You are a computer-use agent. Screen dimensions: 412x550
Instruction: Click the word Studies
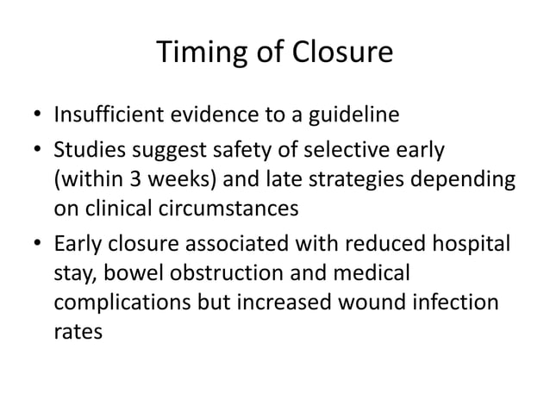tap(87, 153)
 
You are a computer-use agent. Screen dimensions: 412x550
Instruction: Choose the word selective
tap(334, 153)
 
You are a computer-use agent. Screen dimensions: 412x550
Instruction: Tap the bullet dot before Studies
tap(36, 153)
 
